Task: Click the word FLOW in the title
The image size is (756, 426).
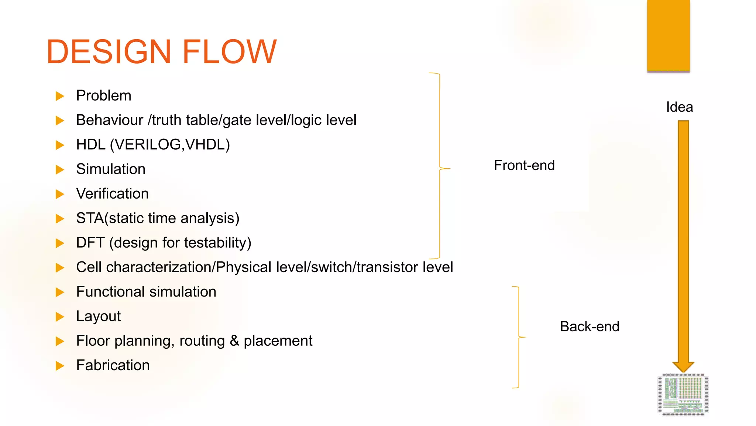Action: (x=229, y=52)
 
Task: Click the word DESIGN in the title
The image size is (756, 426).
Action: (x=109, y=52)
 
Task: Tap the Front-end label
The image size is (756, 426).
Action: (x=524, y=165)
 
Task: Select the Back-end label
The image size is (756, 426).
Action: (x=589, y=327)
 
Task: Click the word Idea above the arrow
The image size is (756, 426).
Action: (x=679, y=107)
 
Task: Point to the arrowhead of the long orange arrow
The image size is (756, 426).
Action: (x=683, y=367)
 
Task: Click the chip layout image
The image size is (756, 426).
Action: (x=683, y=395)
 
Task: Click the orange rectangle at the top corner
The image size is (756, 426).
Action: (x=668, y=35)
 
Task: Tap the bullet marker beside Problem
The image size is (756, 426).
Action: (x=60, y=96)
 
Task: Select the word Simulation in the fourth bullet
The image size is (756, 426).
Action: (x=110, y=169)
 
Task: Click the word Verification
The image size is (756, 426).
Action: (x=112, y=194)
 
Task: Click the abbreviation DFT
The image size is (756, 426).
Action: (x=90, y=243)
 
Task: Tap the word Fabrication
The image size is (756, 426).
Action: (x=113, y=365)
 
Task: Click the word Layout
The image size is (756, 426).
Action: (x=98, y=317)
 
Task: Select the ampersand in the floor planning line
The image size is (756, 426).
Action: (x=234, y=341)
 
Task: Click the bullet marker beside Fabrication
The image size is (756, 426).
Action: (x=60, y=366)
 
